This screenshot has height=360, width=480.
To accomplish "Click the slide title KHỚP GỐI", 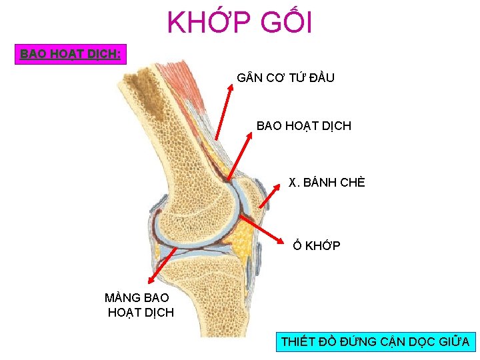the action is pyautogui.click(x=239, y=23).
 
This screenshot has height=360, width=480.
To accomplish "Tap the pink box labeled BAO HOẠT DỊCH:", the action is pyautogui.click(x=71, y=53).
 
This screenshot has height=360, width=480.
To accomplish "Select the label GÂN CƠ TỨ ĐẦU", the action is pyautogui.click(x=285, y=78).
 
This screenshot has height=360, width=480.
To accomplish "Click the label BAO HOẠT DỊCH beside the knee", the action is pyautogui.click(x=303, y=125).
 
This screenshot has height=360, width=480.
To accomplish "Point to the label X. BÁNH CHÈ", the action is pyautogui.click(x=327, y=183).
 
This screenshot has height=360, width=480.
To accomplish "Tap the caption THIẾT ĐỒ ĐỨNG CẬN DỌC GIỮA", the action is pyautogui.click(x=375, y=342).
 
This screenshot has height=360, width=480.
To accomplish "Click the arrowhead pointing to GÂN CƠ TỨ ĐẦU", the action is pyautogui.click(x=230, y=91).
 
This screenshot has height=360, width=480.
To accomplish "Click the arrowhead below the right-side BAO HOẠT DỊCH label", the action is pyautogui.click(x=251, y=137).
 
